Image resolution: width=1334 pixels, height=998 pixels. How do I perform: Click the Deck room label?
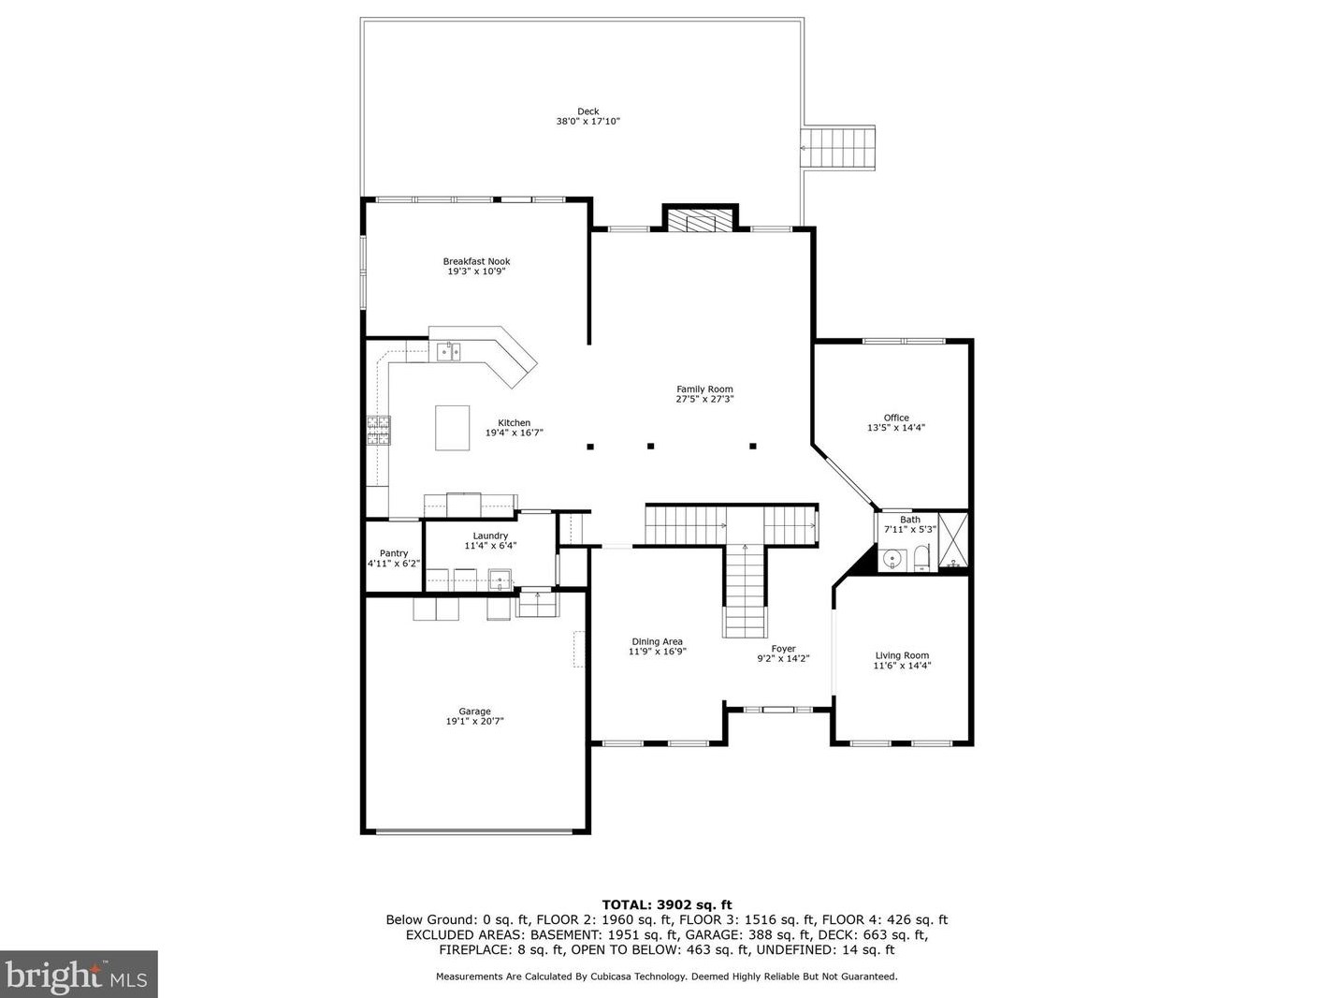587,111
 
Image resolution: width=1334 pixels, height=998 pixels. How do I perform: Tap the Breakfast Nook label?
476,261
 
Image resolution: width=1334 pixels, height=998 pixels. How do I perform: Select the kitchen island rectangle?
452,428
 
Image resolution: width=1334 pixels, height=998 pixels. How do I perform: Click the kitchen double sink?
448,351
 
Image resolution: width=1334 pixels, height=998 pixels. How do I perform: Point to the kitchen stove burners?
378,431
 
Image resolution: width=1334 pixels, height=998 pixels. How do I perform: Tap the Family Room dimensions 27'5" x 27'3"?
705,399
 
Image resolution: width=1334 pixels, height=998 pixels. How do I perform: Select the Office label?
896,418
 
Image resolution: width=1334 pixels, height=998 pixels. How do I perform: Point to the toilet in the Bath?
922,558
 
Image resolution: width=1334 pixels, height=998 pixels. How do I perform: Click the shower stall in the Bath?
953,541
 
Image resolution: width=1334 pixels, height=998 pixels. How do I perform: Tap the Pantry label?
394,553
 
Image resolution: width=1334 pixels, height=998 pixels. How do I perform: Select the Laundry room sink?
500,580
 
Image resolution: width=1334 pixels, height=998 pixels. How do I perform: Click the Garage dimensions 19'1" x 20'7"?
474,721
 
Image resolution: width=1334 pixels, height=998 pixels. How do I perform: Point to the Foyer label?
783,649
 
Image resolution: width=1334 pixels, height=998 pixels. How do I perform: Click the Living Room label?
902,655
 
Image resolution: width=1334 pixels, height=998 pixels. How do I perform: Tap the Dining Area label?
657,641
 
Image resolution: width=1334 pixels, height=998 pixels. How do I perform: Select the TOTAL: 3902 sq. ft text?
667,905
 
